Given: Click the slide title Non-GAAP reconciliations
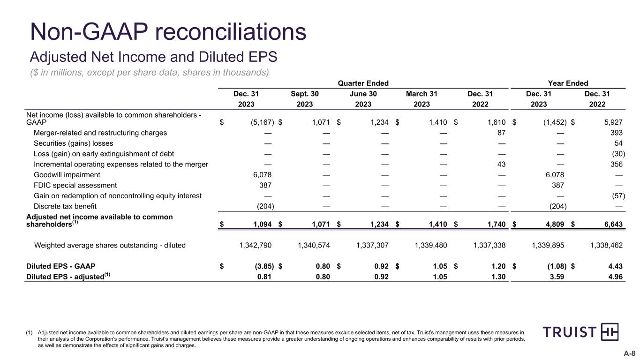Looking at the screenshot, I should [168, 32].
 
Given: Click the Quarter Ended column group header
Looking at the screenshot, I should [363, 83].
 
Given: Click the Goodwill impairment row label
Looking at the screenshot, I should [67, 175].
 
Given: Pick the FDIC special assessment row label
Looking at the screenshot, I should [75, 185].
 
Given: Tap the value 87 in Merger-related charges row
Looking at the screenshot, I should [500, 133].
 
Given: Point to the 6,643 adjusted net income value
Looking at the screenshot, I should [613, 224].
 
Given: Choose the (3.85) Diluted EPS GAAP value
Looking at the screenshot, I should [262, 266].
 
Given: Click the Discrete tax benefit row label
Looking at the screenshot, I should [64, 206].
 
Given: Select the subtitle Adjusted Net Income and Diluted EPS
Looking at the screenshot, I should [154, 57].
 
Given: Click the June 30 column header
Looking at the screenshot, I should [363, 94].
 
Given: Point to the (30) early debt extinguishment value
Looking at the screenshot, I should [618, 154].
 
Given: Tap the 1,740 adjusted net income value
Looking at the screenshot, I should [496, 224].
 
